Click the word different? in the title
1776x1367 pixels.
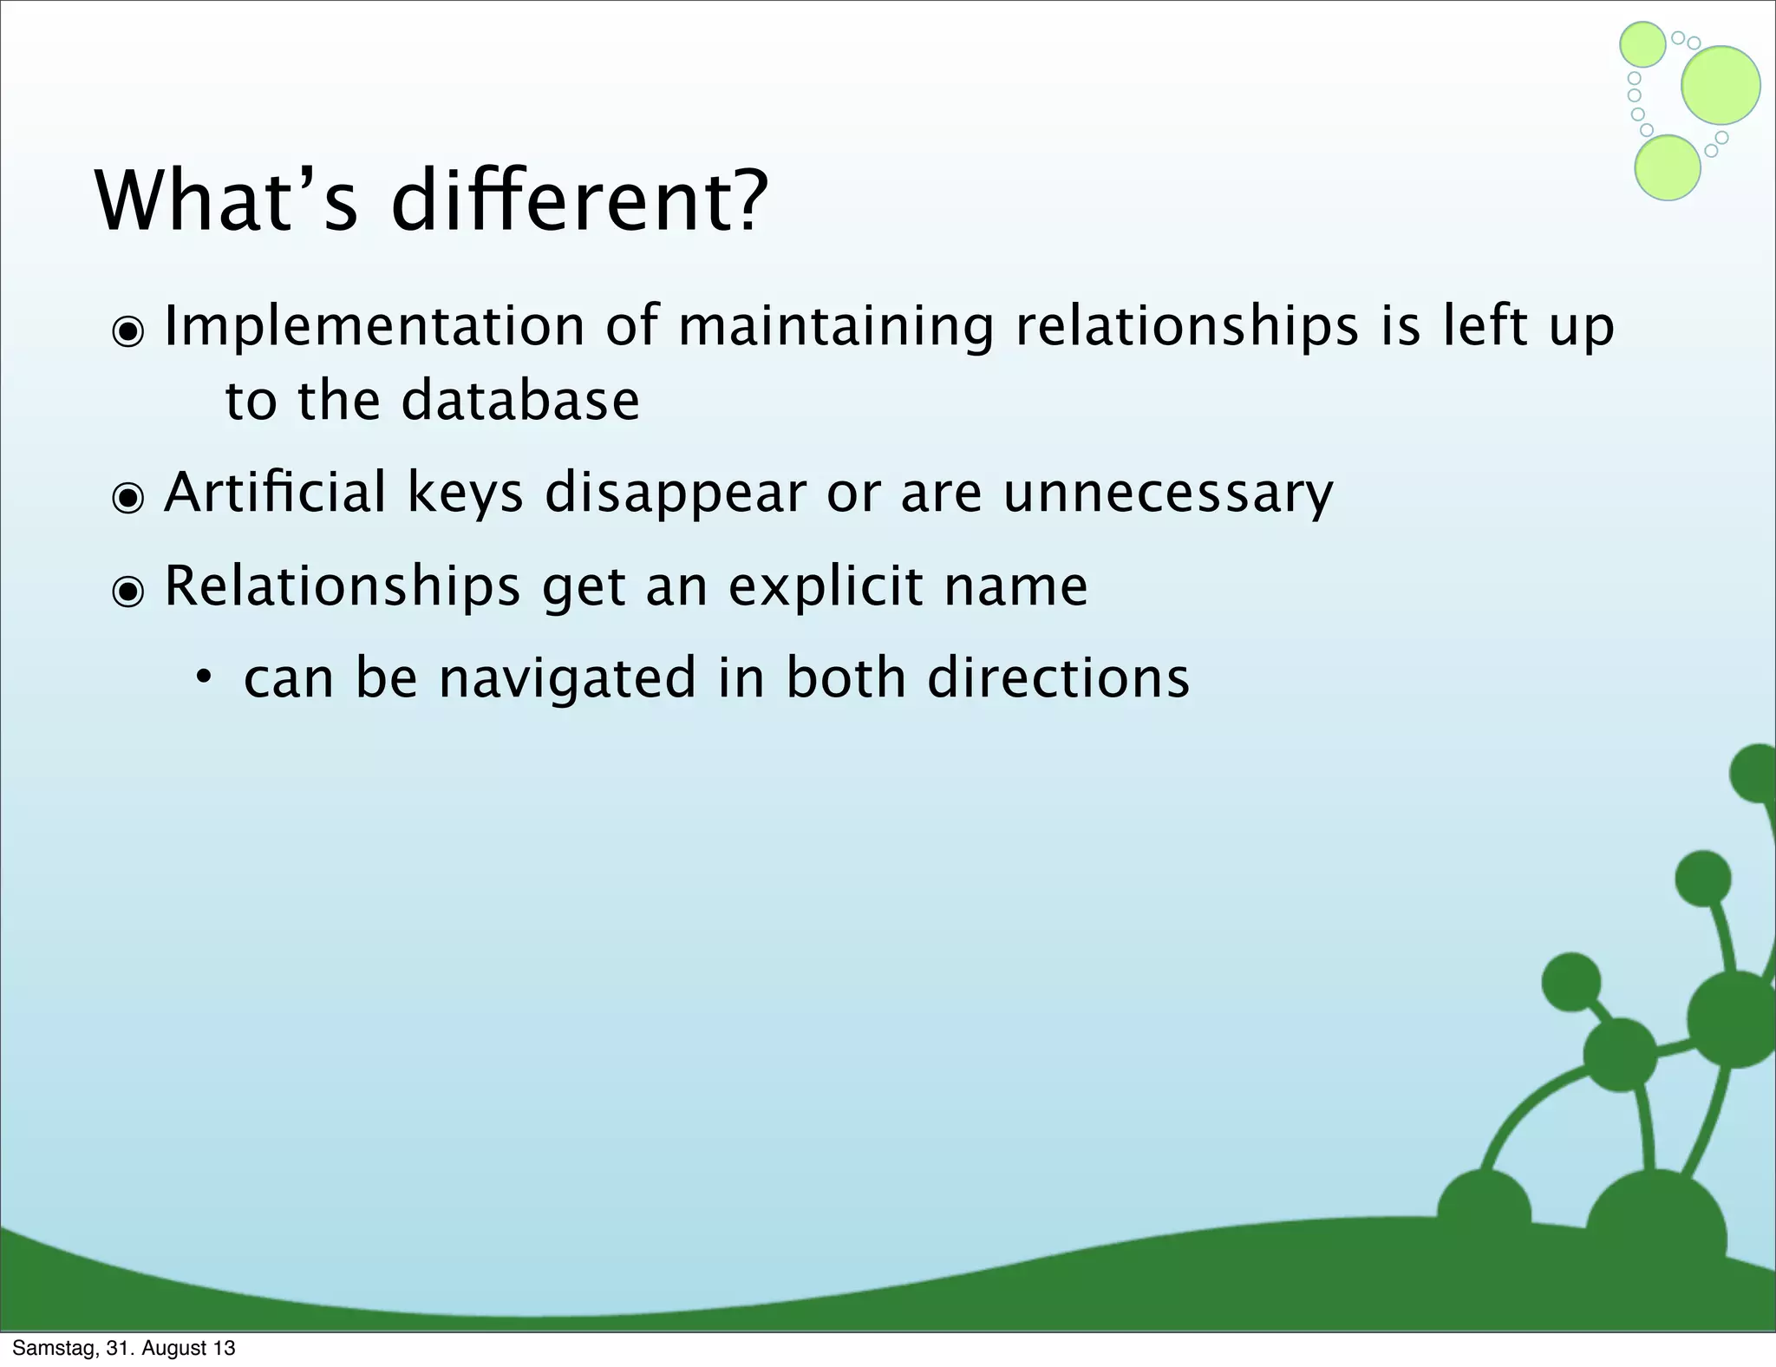click(579, 201)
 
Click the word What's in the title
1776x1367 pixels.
click(225, 201)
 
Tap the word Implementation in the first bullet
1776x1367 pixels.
click(374, 327)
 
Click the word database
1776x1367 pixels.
click(519, 401)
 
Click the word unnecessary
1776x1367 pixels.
click(1167, 494)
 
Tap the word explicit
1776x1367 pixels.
click(825, 586)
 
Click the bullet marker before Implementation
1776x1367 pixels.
click(128, 331)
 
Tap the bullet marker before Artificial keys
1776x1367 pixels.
click(128, 498)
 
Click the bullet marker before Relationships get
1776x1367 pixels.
click(128, 592)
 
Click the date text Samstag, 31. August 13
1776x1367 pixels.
click(124, 1348)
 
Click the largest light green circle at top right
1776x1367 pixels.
click(1720, 85)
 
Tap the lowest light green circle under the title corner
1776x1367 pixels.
click(1667, 168)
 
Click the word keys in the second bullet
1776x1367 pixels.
click(465, 494)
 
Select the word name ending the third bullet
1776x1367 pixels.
click(1015, 587)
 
